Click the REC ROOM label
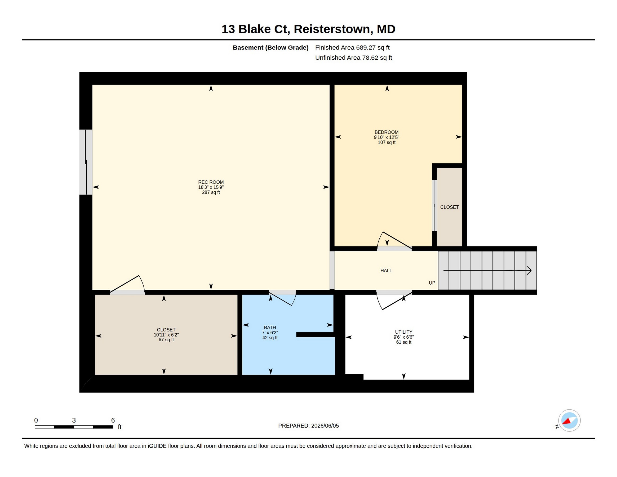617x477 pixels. [211, 182]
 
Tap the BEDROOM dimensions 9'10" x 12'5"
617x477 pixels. [387, 137]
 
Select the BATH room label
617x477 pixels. [270, 328]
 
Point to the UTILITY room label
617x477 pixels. [403, 332]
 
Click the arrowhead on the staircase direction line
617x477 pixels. [529, 270]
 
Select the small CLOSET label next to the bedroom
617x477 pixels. [449, 207]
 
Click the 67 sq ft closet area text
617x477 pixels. [166, 340]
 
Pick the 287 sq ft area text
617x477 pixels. [211, 192]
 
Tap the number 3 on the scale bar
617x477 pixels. [74, 420]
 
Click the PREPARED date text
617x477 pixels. [308, 426]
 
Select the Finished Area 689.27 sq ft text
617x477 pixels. [352, 48]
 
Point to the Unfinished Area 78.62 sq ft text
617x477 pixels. [353, 58]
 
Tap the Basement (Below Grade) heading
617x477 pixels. [270, 48]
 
